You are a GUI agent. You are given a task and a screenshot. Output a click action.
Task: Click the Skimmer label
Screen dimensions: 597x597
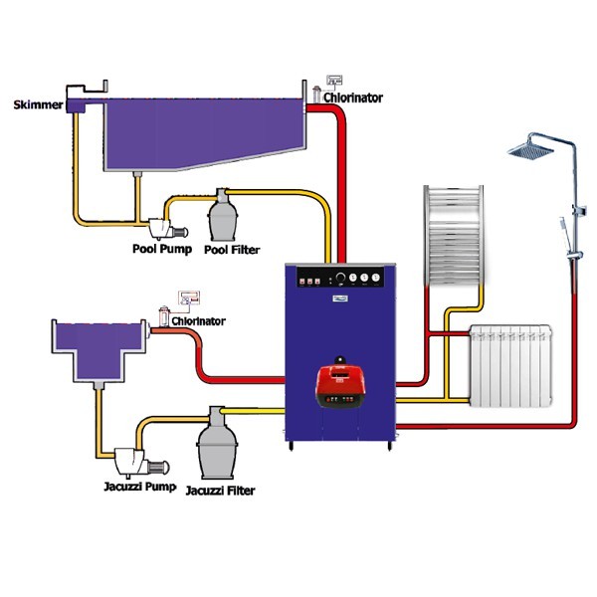click(38, 103)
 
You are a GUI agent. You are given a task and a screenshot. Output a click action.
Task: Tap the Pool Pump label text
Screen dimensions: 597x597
click(162, 248)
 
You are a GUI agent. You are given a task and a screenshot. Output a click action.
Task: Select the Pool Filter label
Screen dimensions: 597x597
click(232, 250)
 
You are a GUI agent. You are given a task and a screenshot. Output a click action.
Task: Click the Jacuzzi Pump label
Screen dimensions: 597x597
click(139, 487)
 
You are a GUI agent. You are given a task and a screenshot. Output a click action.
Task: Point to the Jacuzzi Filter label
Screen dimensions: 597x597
click(220, 491)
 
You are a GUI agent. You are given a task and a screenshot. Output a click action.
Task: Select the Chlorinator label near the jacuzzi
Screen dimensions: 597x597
click(198, 321)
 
